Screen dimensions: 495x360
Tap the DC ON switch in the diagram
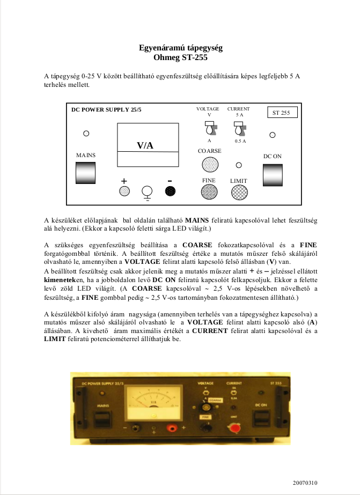(x=272, y=174)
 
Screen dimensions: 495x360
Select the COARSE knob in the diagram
(x=209, y=165)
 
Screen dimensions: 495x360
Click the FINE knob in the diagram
(x=209, y=192)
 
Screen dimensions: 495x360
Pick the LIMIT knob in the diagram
(x=239, y=192)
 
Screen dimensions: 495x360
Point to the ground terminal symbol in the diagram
(x=146, y=193)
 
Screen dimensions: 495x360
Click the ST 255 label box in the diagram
(x=281, y=113)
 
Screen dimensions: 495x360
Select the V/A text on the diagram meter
(x=145, y=145)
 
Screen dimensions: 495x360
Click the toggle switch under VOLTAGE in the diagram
(x=209, y=129)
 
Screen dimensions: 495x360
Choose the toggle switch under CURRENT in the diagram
(x=239, y=129)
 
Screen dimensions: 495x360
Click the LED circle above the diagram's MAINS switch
(x=86, y=132)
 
